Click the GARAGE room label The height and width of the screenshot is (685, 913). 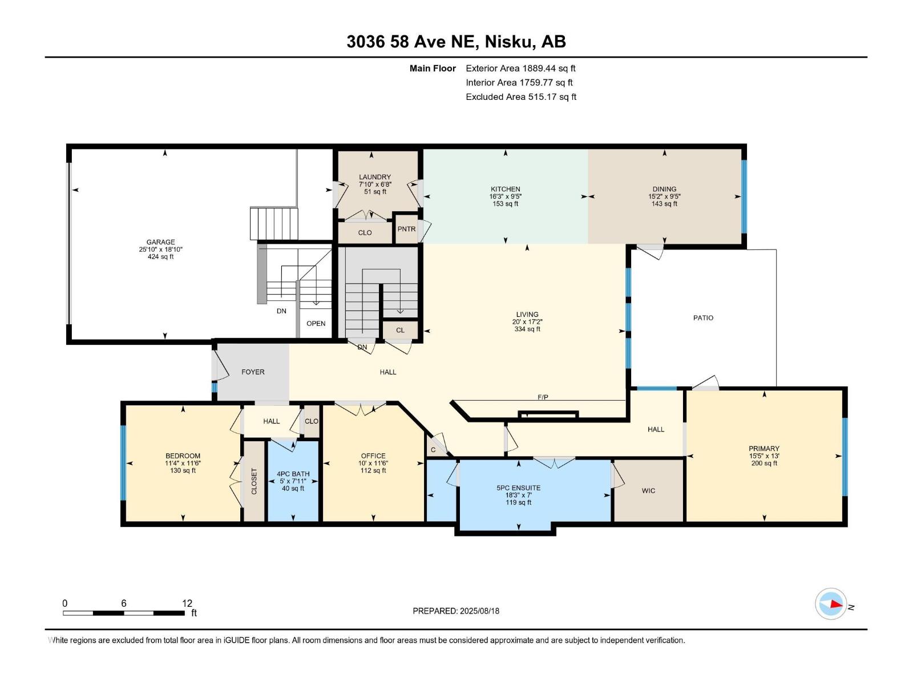pyautogui.click(x=160, y=242)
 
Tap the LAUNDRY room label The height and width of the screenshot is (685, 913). pyautogui.click(x=375, y=177)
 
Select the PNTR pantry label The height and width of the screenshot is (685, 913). pyautogui.click(x=406, y=229)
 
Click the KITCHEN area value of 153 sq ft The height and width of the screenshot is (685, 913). pyautogui.click(x=506, y=204)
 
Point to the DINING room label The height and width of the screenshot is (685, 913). pyautogui.click(x=664, y=189)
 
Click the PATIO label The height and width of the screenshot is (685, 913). pyautogui.click(x=703, y=318)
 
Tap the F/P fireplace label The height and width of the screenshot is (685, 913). pyautogui.click(x=543, y=397)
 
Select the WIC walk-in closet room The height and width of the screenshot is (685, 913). pyautogui.click(x=648, y=491)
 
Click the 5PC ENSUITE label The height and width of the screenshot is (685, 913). pyautogui.click(x=518, y=488)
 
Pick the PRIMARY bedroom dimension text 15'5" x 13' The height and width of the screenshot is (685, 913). pyautogui.click(x=765, y=456)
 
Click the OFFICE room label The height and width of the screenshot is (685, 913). pyautogui.click(x=373, y=456)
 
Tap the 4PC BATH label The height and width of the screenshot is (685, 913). pyautogui.click(x=293, y=474)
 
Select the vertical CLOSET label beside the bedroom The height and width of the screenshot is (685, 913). pyautogui.click(x=254, y=481)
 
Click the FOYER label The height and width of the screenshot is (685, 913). pyautogui.click(x=253, y=372)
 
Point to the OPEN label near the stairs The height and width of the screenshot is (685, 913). pyautogui.click(x=316, y=323)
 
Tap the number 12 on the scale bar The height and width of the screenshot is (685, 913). pyautogui.click(x=187, y=603)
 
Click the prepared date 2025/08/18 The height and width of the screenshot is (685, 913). pyautogui.click(x=479, y=611)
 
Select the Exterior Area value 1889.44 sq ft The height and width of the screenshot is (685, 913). pyautogui.click(x=549, y=68)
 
